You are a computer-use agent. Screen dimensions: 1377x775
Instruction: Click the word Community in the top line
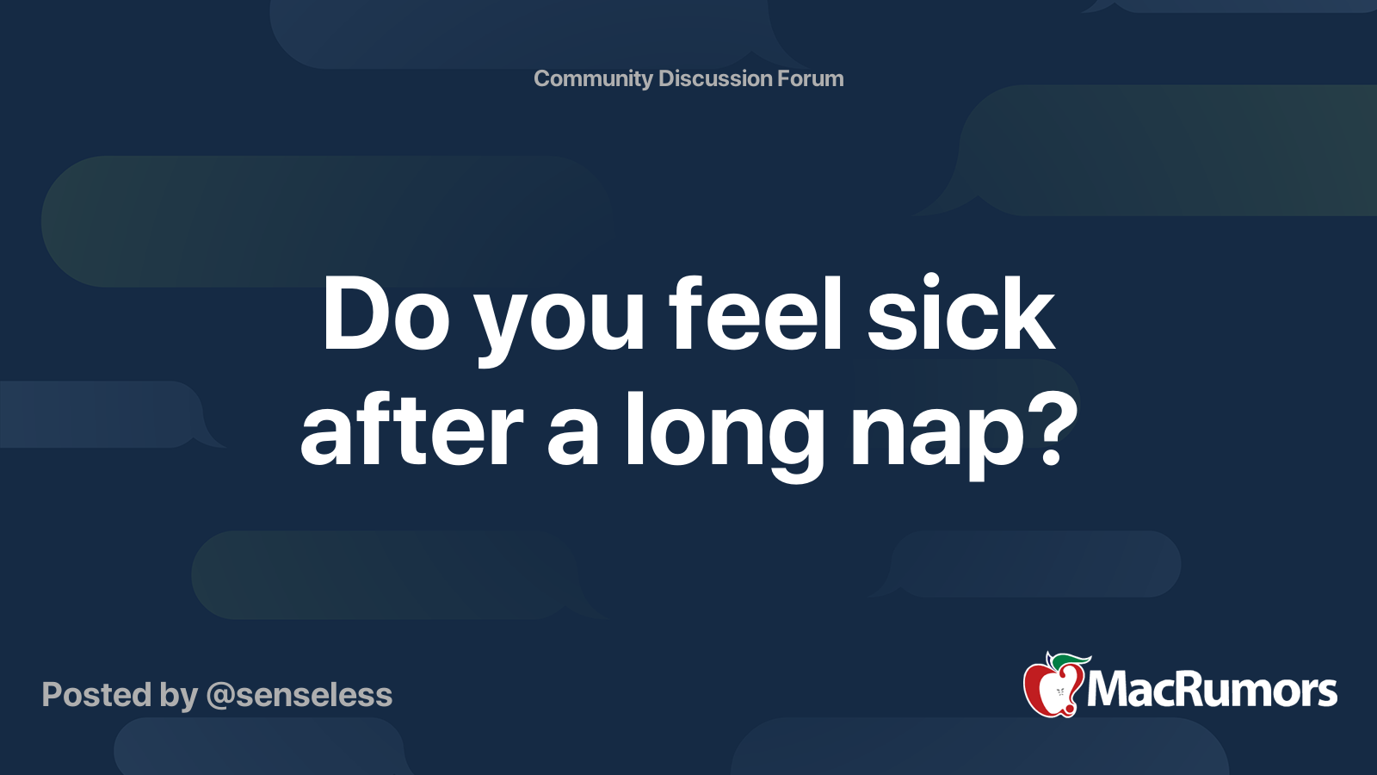click(593, 79)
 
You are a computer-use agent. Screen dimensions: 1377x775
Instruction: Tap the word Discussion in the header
click(714, 78)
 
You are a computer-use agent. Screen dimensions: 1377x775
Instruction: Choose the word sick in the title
click(960, 313)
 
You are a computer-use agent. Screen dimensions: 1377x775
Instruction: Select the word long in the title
click(726, 436)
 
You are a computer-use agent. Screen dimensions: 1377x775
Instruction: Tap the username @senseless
click(299, 696)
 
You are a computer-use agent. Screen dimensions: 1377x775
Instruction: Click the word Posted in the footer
click(97, 695)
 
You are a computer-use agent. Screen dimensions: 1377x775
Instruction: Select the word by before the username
click(179, 697)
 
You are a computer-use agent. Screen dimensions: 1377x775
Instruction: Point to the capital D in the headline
click(355, 314)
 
